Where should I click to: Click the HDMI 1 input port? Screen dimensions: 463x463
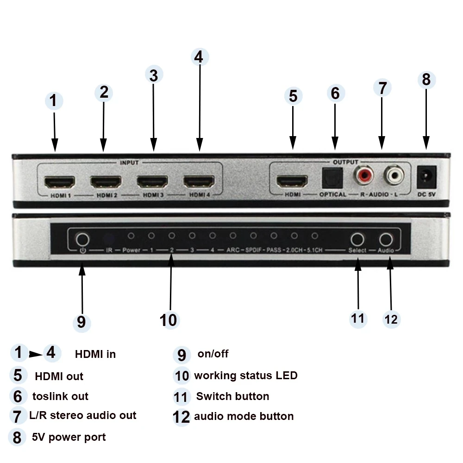[x=59, y=181]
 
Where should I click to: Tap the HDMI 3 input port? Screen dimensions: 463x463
[x=152, y=181]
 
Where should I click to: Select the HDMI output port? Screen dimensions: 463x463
[x=292, y=181]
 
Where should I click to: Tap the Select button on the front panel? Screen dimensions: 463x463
[x=357, y=239]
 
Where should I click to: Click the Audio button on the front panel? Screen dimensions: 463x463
[x=386, y=239]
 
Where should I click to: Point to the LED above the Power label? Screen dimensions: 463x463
[x=131, y=236]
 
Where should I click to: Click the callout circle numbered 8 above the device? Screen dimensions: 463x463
[x=426, y=80]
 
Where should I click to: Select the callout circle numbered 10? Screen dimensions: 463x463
[x=169, y=319]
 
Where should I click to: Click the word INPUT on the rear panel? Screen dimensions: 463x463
[x=129, y=163]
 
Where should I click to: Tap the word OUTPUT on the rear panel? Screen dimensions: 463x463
[x=345, y=162]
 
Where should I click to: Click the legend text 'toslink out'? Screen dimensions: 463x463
[x=60, y=396]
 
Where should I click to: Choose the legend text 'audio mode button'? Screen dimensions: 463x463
[x=244, y=416]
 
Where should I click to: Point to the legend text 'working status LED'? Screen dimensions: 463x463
[x=245, y=375]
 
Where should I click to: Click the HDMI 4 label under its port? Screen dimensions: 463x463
[x=200, y=195]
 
